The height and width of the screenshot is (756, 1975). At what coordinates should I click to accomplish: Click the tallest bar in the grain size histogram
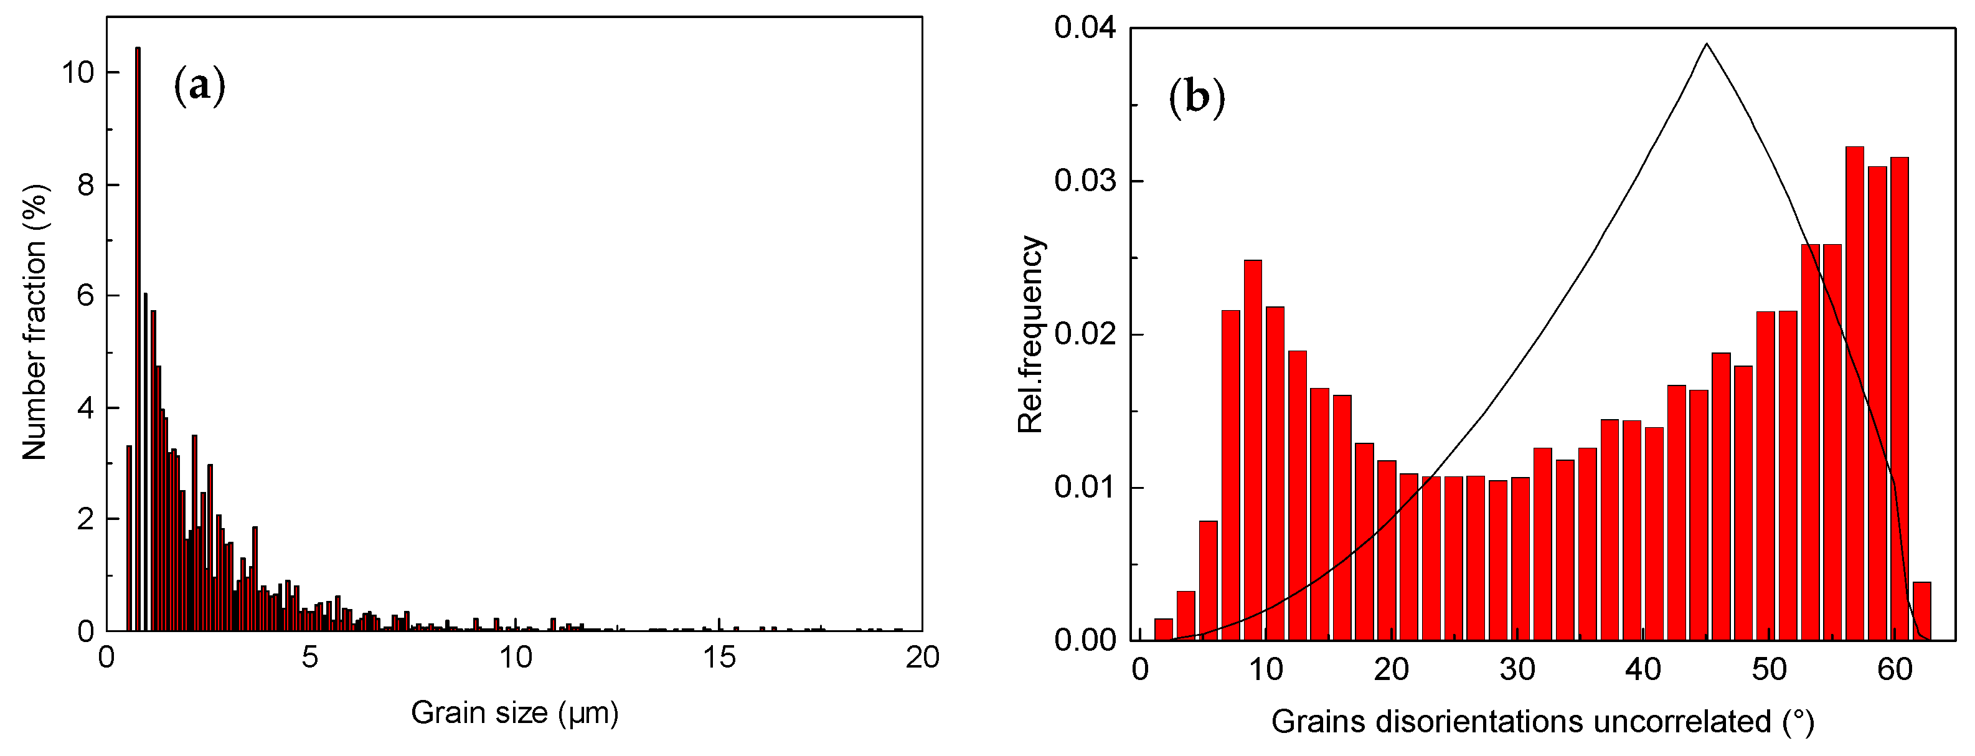click(x=138, y=338)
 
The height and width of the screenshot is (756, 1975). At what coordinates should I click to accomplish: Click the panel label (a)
click(x=200, y=85)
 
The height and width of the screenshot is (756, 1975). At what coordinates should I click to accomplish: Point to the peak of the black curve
click(x=1707, y=44)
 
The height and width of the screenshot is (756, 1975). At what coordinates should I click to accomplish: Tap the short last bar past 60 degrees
click(x=1921, y=611)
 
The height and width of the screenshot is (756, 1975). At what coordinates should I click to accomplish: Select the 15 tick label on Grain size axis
click(x=719, y=658)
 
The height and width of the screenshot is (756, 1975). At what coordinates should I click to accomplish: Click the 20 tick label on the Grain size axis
click(x=922, y=658)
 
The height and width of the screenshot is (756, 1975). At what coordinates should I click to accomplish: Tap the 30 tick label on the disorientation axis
click(x=1517, y=669)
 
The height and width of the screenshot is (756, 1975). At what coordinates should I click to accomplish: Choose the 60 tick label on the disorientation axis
click(x=1895, y=669)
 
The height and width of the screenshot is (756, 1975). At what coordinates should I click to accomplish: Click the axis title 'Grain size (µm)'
click(x=514, y=713)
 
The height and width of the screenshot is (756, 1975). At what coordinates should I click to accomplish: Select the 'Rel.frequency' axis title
click(x=1031, y=334)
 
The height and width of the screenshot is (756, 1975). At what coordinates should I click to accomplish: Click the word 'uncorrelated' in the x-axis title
click(x=1680, y=722)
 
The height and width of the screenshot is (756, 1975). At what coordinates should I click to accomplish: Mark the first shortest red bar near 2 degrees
click(x=1163, y=629)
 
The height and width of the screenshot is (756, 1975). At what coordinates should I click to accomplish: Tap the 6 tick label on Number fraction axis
click(x=85, y=296)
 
